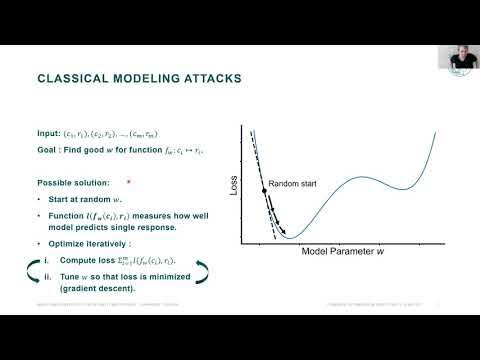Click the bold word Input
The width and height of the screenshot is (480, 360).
[x=49, y=134]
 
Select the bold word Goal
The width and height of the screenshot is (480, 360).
[x=48, y=148]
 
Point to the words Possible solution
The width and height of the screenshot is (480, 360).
[x=73, y=184]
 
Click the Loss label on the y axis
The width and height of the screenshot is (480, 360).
[x=235, y=185]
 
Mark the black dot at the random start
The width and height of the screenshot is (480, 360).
[x=264, y=190]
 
